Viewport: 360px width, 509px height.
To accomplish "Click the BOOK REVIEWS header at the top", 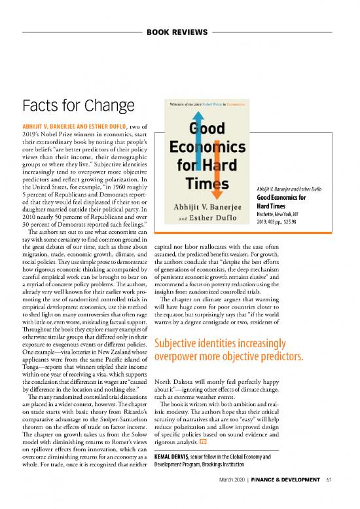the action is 179,31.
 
